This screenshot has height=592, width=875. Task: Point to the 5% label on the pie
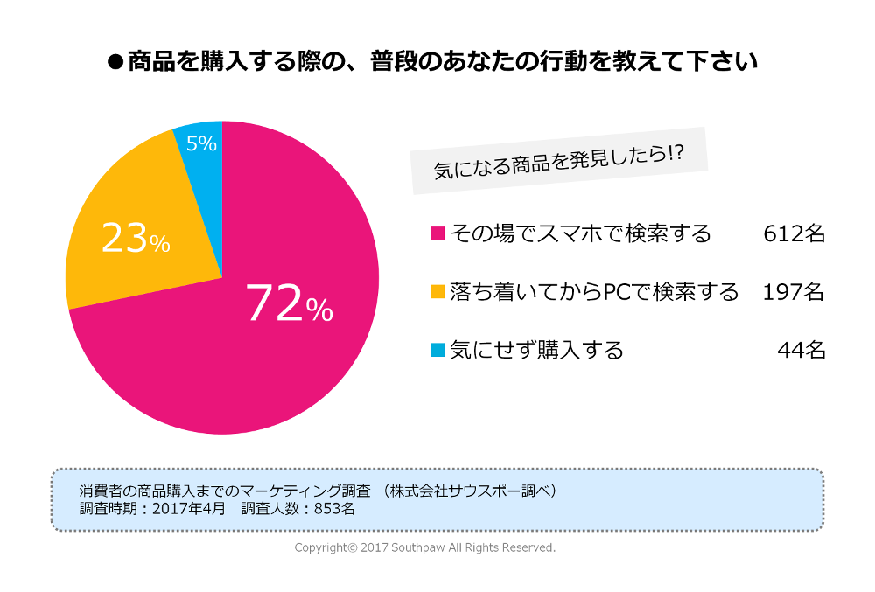pos(201,143)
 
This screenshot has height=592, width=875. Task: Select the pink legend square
pos(437,234)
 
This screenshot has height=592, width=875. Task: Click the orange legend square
pos(437,292)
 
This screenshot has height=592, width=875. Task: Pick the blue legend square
pos(437,351)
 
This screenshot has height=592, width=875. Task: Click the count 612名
pos(794,234)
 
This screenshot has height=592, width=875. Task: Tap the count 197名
pos(794,292)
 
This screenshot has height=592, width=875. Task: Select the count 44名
pos(801,351)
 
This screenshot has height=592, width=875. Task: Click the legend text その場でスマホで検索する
pos(580,234)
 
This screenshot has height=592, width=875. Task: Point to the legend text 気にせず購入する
pos(536,351)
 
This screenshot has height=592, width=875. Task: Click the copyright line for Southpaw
pos(424,547)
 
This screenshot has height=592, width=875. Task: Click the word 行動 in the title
pos(548,63)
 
